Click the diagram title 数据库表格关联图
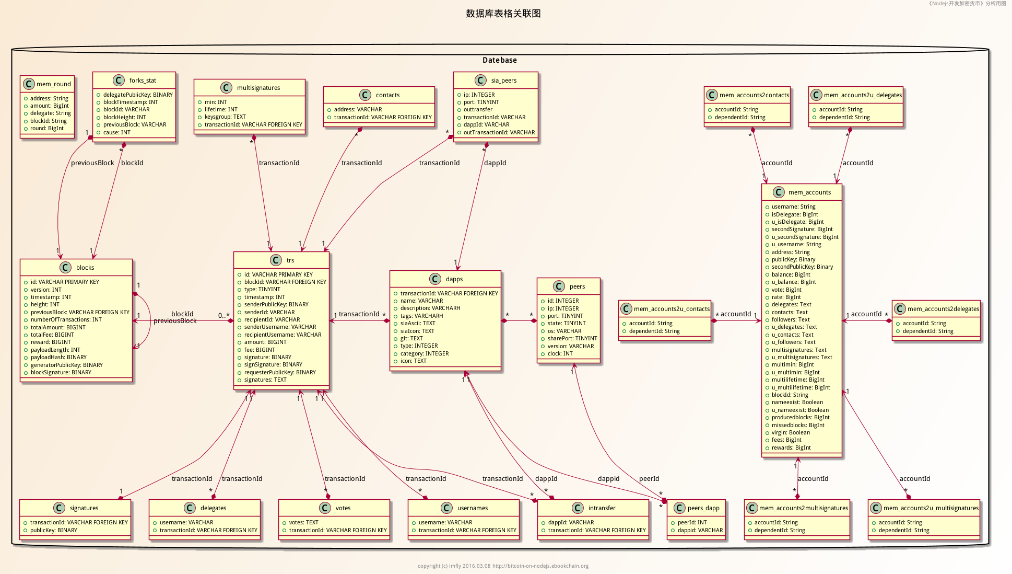(503, 14)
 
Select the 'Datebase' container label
(499, 60)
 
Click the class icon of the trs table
(276, 260)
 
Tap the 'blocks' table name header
(85, 268)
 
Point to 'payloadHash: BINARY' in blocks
(58, 358)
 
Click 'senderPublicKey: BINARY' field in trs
(276, 304)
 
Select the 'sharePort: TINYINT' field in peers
(572, 338)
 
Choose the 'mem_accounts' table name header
(809, 192)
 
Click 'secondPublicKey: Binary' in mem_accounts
(802, 267)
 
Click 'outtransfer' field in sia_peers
(478, 110)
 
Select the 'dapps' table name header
(454, 279)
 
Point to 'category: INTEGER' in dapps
(425, 353)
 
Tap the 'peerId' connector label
(649, 479)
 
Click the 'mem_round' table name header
(53, 84)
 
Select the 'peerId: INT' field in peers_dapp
(692, 523)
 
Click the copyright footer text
(503, 566)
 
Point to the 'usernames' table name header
(473, 508)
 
